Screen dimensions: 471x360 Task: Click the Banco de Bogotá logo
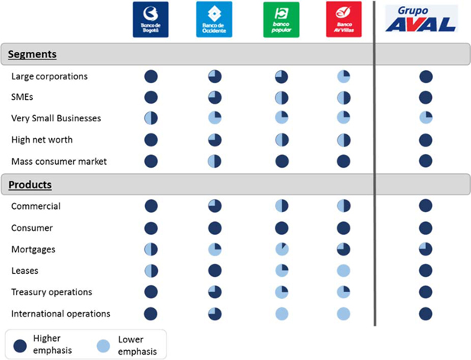point(150,20)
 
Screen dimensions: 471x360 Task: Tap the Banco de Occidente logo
point(215,20)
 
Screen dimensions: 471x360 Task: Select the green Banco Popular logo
point(281,20)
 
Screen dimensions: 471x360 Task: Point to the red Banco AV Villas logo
point(344,20)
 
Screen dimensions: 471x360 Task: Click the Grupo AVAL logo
point(421,20)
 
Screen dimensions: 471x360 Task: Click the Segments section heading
point(32,54)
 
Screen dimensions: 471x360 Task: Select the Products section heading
point(30,185)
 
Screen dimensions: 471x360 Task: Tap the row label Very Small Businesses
point(56,118)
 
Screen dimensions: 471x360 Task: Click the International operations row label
point(60,313)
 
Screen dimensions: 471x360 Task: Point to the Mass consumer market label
point(59,162)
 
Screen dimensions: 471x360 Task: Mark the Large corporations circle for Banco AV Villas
point(344,76)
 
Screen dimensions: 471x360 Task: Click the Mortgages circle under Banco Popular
point(282,249)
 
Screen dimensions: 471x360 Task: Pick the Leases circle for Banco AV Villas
point(344,271)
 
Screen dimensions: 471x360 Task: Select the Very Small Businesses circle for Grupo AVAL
point(426,117)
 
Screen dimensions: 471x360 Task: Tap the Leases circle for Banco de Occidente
point(215,271)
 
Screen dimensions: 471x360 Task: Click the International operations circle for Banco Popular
point(282,313)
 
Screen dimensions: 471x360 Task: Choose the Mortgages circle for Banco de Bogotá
point(151,249)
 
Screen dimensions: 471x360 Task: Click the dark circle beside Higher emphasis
point(20,346)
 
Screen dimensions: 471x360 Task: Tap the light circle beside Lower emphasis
point(103,346)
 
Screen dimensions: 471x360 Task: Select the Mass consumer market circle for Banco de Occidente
point(215,162)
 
